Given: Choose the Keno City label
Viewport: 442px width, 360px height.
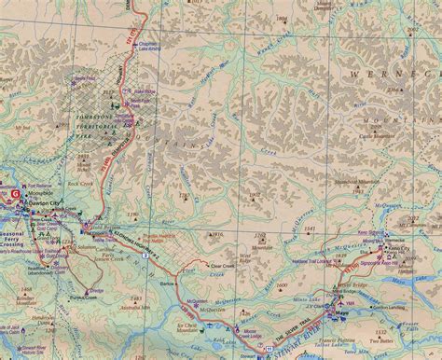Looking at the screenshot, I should (x=402, y=251).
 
